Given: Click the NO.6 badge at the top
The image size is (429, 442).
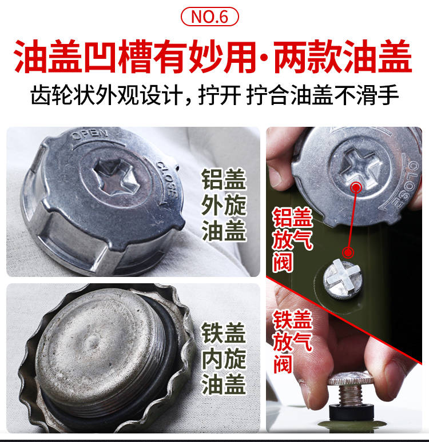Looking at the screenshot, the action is pyautogui.click(x=209, y=17).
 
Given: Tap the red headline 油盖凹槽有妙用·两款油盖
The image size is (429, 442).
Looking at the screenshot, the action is pyautogui.click(x=213, y=57).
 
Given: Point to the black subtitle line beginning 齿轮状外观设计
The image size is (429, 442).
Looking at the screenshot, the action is pyautogui.click(x=214, y=95).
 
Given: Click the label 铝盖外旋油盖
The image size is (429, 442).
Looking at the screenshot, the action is pyautogui.click(x=224, y=205).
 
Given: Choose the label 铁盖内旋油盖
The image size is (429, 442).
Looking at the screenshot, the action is pyautogui.click(x=224, y=358).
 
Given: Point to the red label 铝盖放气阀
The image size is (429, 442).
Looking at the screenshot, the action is pyautogui.click(x=293, y=240).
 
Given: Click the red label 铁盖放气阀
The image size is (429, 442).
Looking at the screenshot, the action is pyautogui.click(x=293, y=341).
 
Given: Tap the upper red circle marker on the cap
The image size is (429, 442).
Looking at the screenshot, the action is pyautogui.click(x=356, y=187).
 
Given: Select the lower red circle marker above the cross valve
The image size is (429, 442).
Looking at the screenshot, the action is pyautogui.click(x=348, y=252).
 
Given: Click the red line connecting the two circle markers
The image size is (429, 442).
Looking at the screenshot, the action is pyautogui.click(x=352, y=220).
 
